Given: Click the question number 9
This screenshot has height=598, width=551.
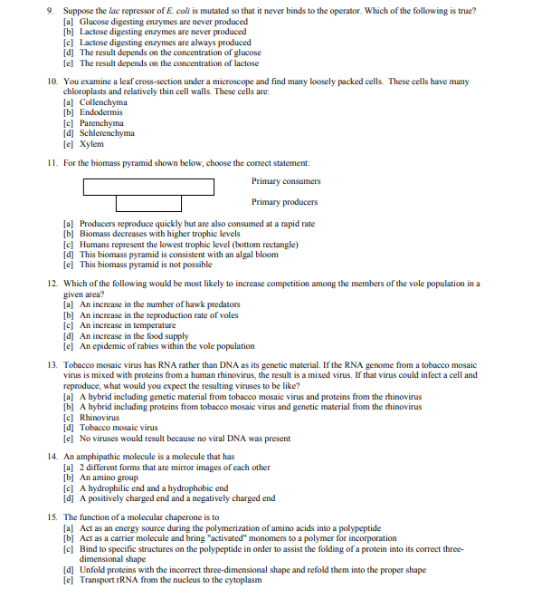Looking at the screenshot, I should [x=51, y=11].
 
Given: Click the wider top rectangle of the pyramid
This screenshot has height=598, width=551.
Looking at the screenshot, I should [x=148, y=187].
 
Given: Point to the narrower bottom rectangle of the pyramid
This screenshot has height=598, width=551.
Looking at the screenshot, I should [x=148, y=203].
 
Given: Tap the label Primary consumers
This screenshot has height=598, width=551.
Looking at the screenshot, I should [x=286, y=181].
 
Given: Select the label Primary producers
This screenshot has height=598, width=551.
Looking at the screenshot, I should [x=285, y=202].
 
